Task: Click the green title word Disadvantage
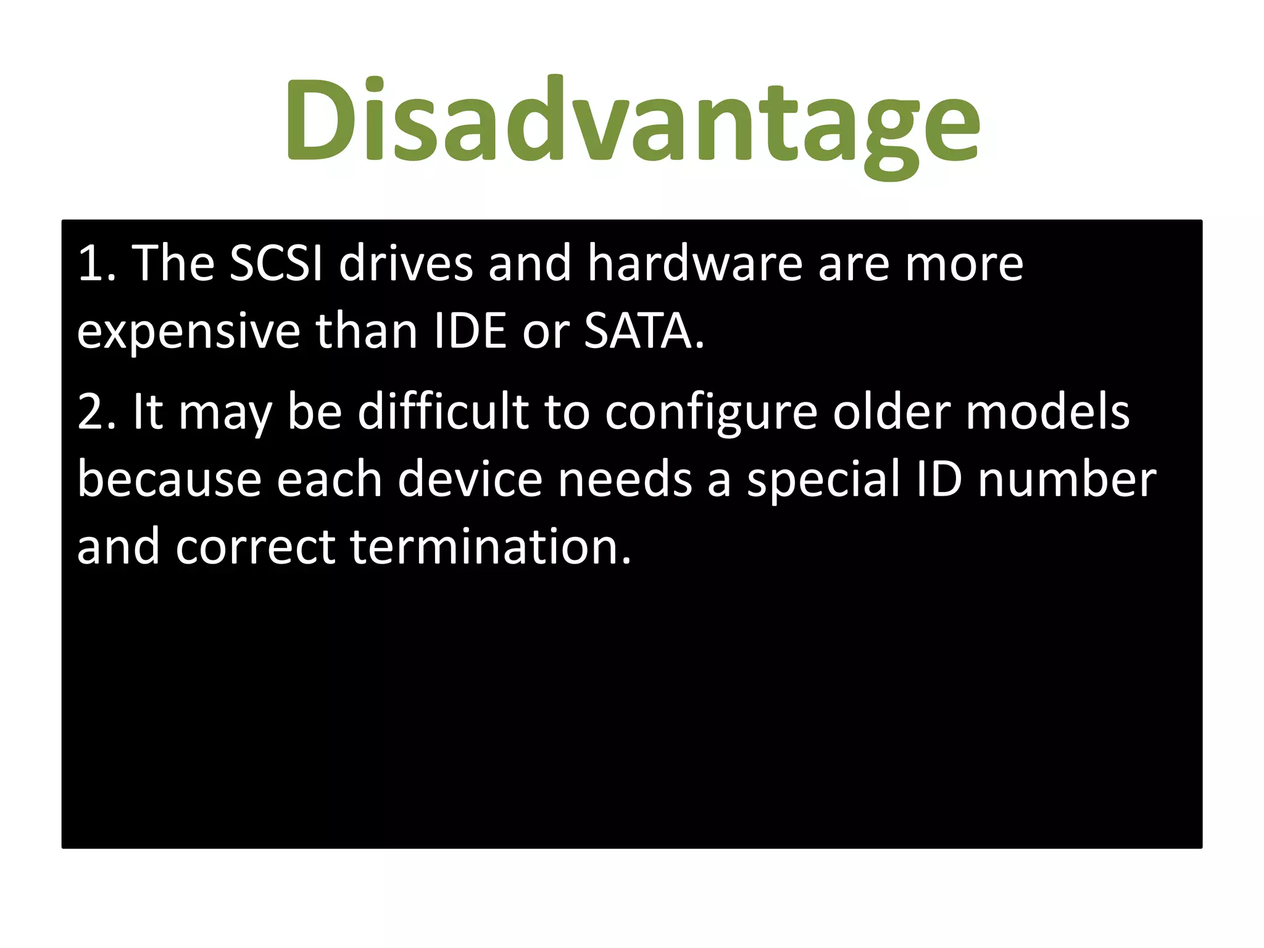[x=632, y=120]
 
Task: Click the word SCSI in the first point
[x=276, y=264]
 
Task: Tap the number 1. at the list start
[x=97, y=264]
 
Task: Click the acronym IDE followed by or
[x=462, y=331]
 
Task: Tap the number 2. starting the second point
[x=97, y=413]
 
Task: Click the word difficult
[x=443, y=412]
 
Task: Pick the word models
[x=1047, y=412]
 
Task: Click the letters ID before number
[x=939, y=480]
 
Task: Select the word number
[x=1067, y=480]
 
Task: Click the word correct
[x=255, y=549]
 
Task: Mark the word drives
[x=405, y=264]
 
